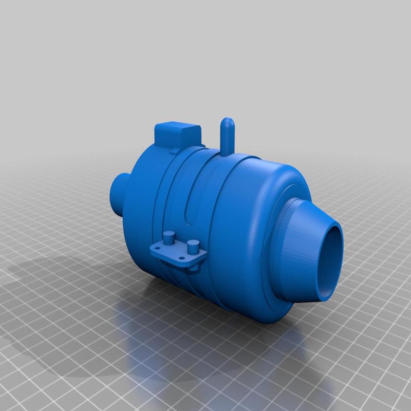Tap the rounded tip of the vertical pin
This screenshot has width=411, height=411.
(227, 123)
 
